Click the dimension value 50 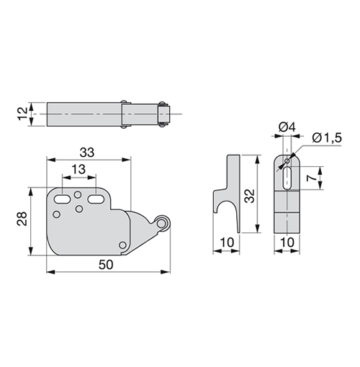[106, 265]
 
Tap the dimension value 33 [87, 153]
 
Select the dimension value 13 [78, 169]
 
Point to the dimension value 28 [22, 218]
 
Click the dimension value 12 [23, 114]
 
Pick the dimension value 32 [251, 196]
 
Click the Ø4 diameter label [287, 127]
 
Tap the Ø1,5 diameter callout [327, 138]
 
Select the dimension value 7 [312, 178]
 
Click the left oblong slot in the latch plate [62, 199]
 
